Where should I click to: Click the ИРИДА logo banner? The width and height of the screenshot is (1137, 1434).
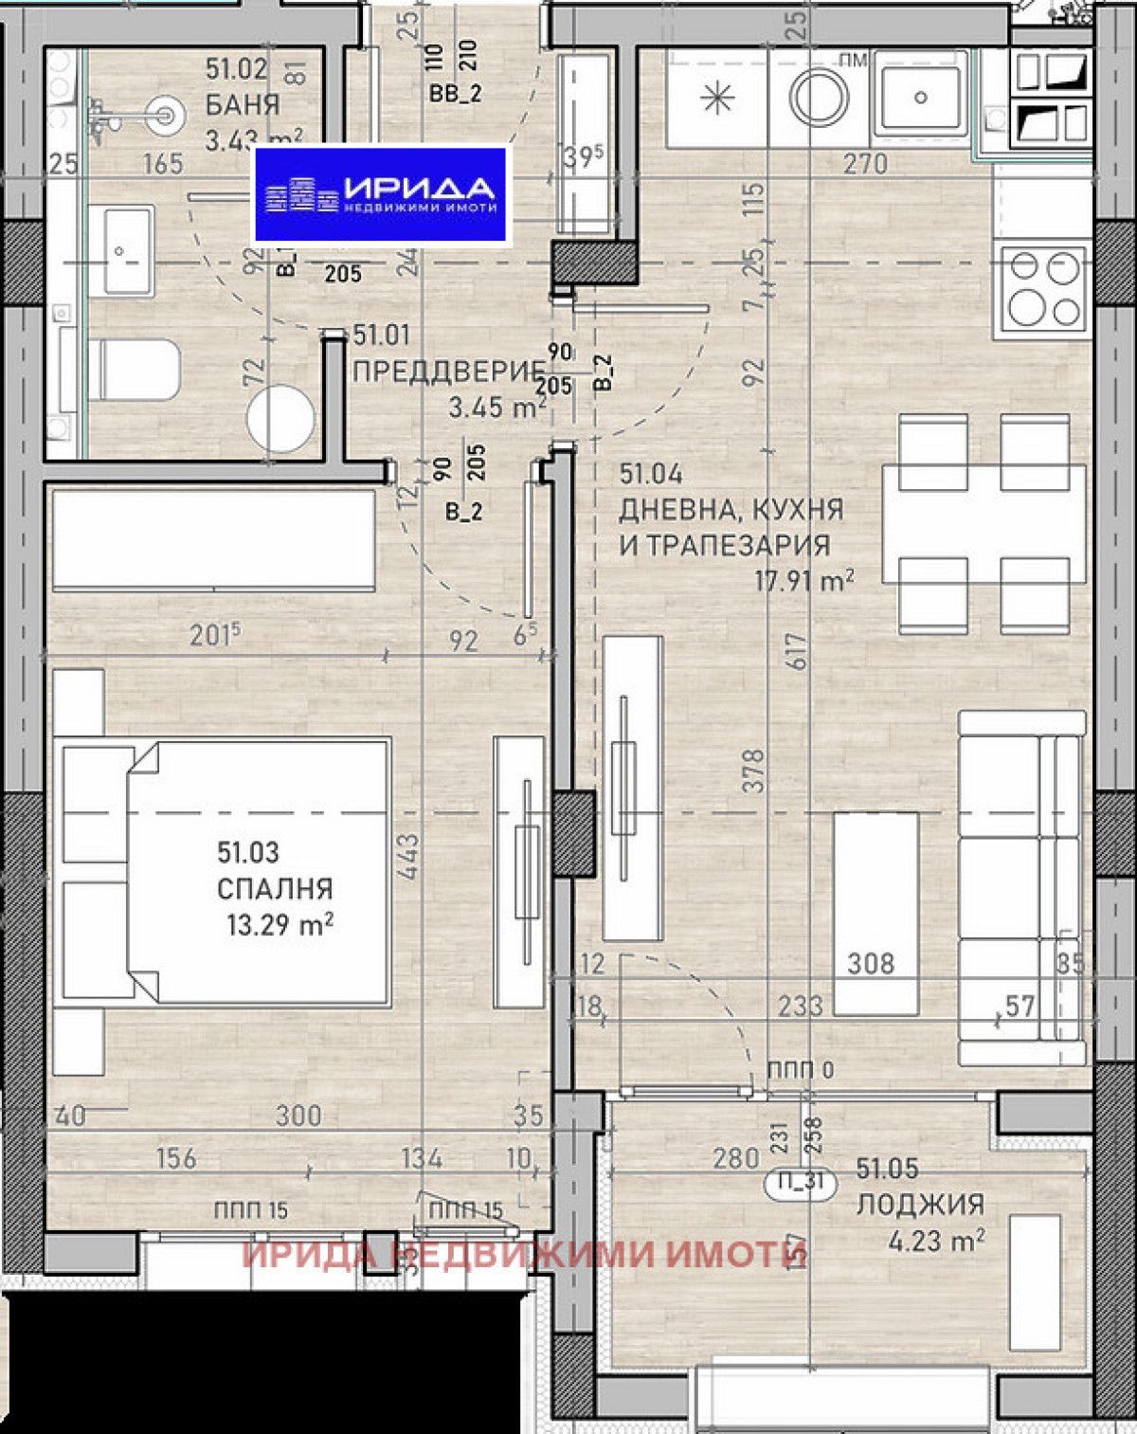click(381, 196)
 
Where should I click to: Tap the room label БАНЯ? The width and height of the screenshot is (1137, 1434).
click(243, 105)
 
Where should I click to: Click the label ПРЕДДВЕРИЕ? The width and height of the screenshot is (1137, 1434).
click(448, 372)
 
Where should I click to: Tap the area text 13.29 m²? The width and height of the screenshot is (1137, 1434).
click(280, 924)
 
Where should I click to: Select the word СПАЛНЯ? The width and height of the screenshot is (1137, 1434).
click(275, 889)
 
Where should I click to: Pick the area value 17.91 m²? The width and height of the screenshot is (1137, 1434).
click(803, 580)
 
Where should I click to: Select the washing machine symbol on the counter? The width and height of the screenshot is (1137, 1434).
click(821, 97)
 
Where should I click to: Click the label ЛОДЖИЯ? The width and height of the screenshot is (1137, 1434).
click(920, 1205)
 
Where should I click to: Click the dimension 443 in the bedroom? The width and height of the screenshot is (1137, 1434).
click(407, 856)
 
